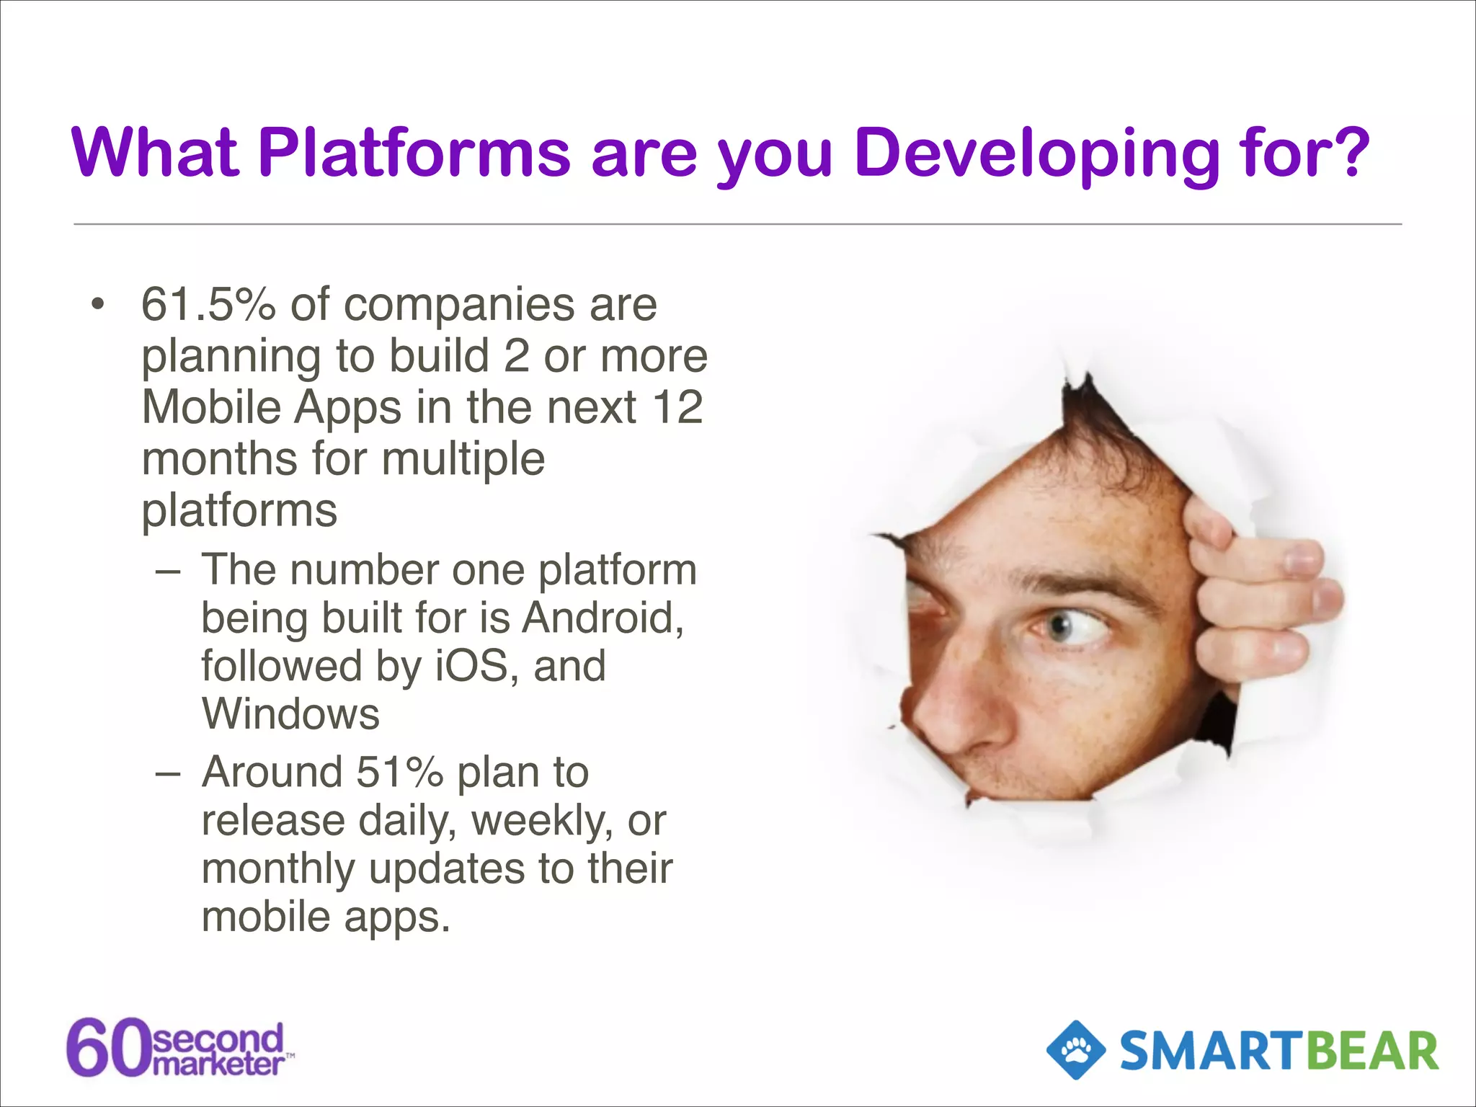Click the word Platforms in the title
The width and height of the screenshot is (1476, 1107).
(x=414, y=153)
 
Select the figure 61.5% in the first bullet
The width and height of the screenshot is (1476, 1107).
(x=208, y=305)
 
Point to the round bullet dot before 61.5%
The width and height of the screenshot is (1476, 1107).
(x=98, y=305)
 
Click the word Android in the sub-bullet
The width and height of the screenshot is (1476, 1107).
(x=602, y=618)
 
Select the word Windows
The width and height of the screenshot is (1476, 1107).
(x=290, y=714)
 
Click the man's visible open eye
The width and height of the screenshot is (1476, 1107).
(x=1074, y=628)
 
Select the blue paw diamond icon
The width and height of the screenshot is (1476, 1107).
(x=1076, y=1050)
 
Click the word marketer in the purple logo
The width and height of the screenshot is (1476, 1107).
(x=219, y=1065)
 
